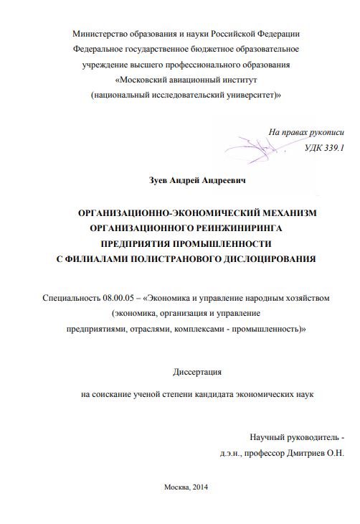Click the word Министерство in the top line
[98, 34]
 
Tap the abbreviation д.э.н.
[233, 453]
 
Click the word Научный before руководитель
[268, 438]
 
